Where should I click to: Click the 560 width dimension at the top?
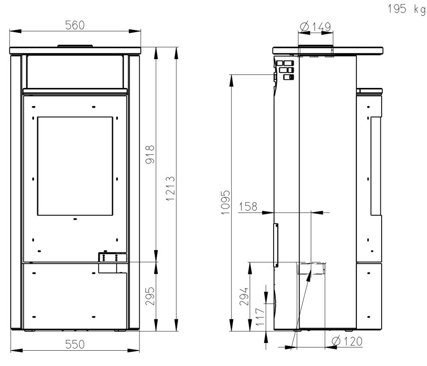[75, 25]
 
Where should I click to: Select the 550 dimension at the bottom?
[75, 344]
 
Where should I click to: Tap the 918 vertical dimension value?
[150, 155]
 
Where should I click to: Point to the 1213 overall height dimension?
[171, 188]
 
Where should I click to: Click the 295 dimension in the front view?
[150, 296]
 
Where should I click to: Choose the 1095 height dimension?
[226, 202]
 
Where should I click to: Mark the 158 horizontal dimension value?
[248, 207]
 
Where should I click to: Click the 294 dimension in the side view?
[244, 296]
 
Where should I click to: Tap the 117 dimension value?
[260, 317]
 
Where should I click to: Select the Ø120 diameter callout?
[347, 341]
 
